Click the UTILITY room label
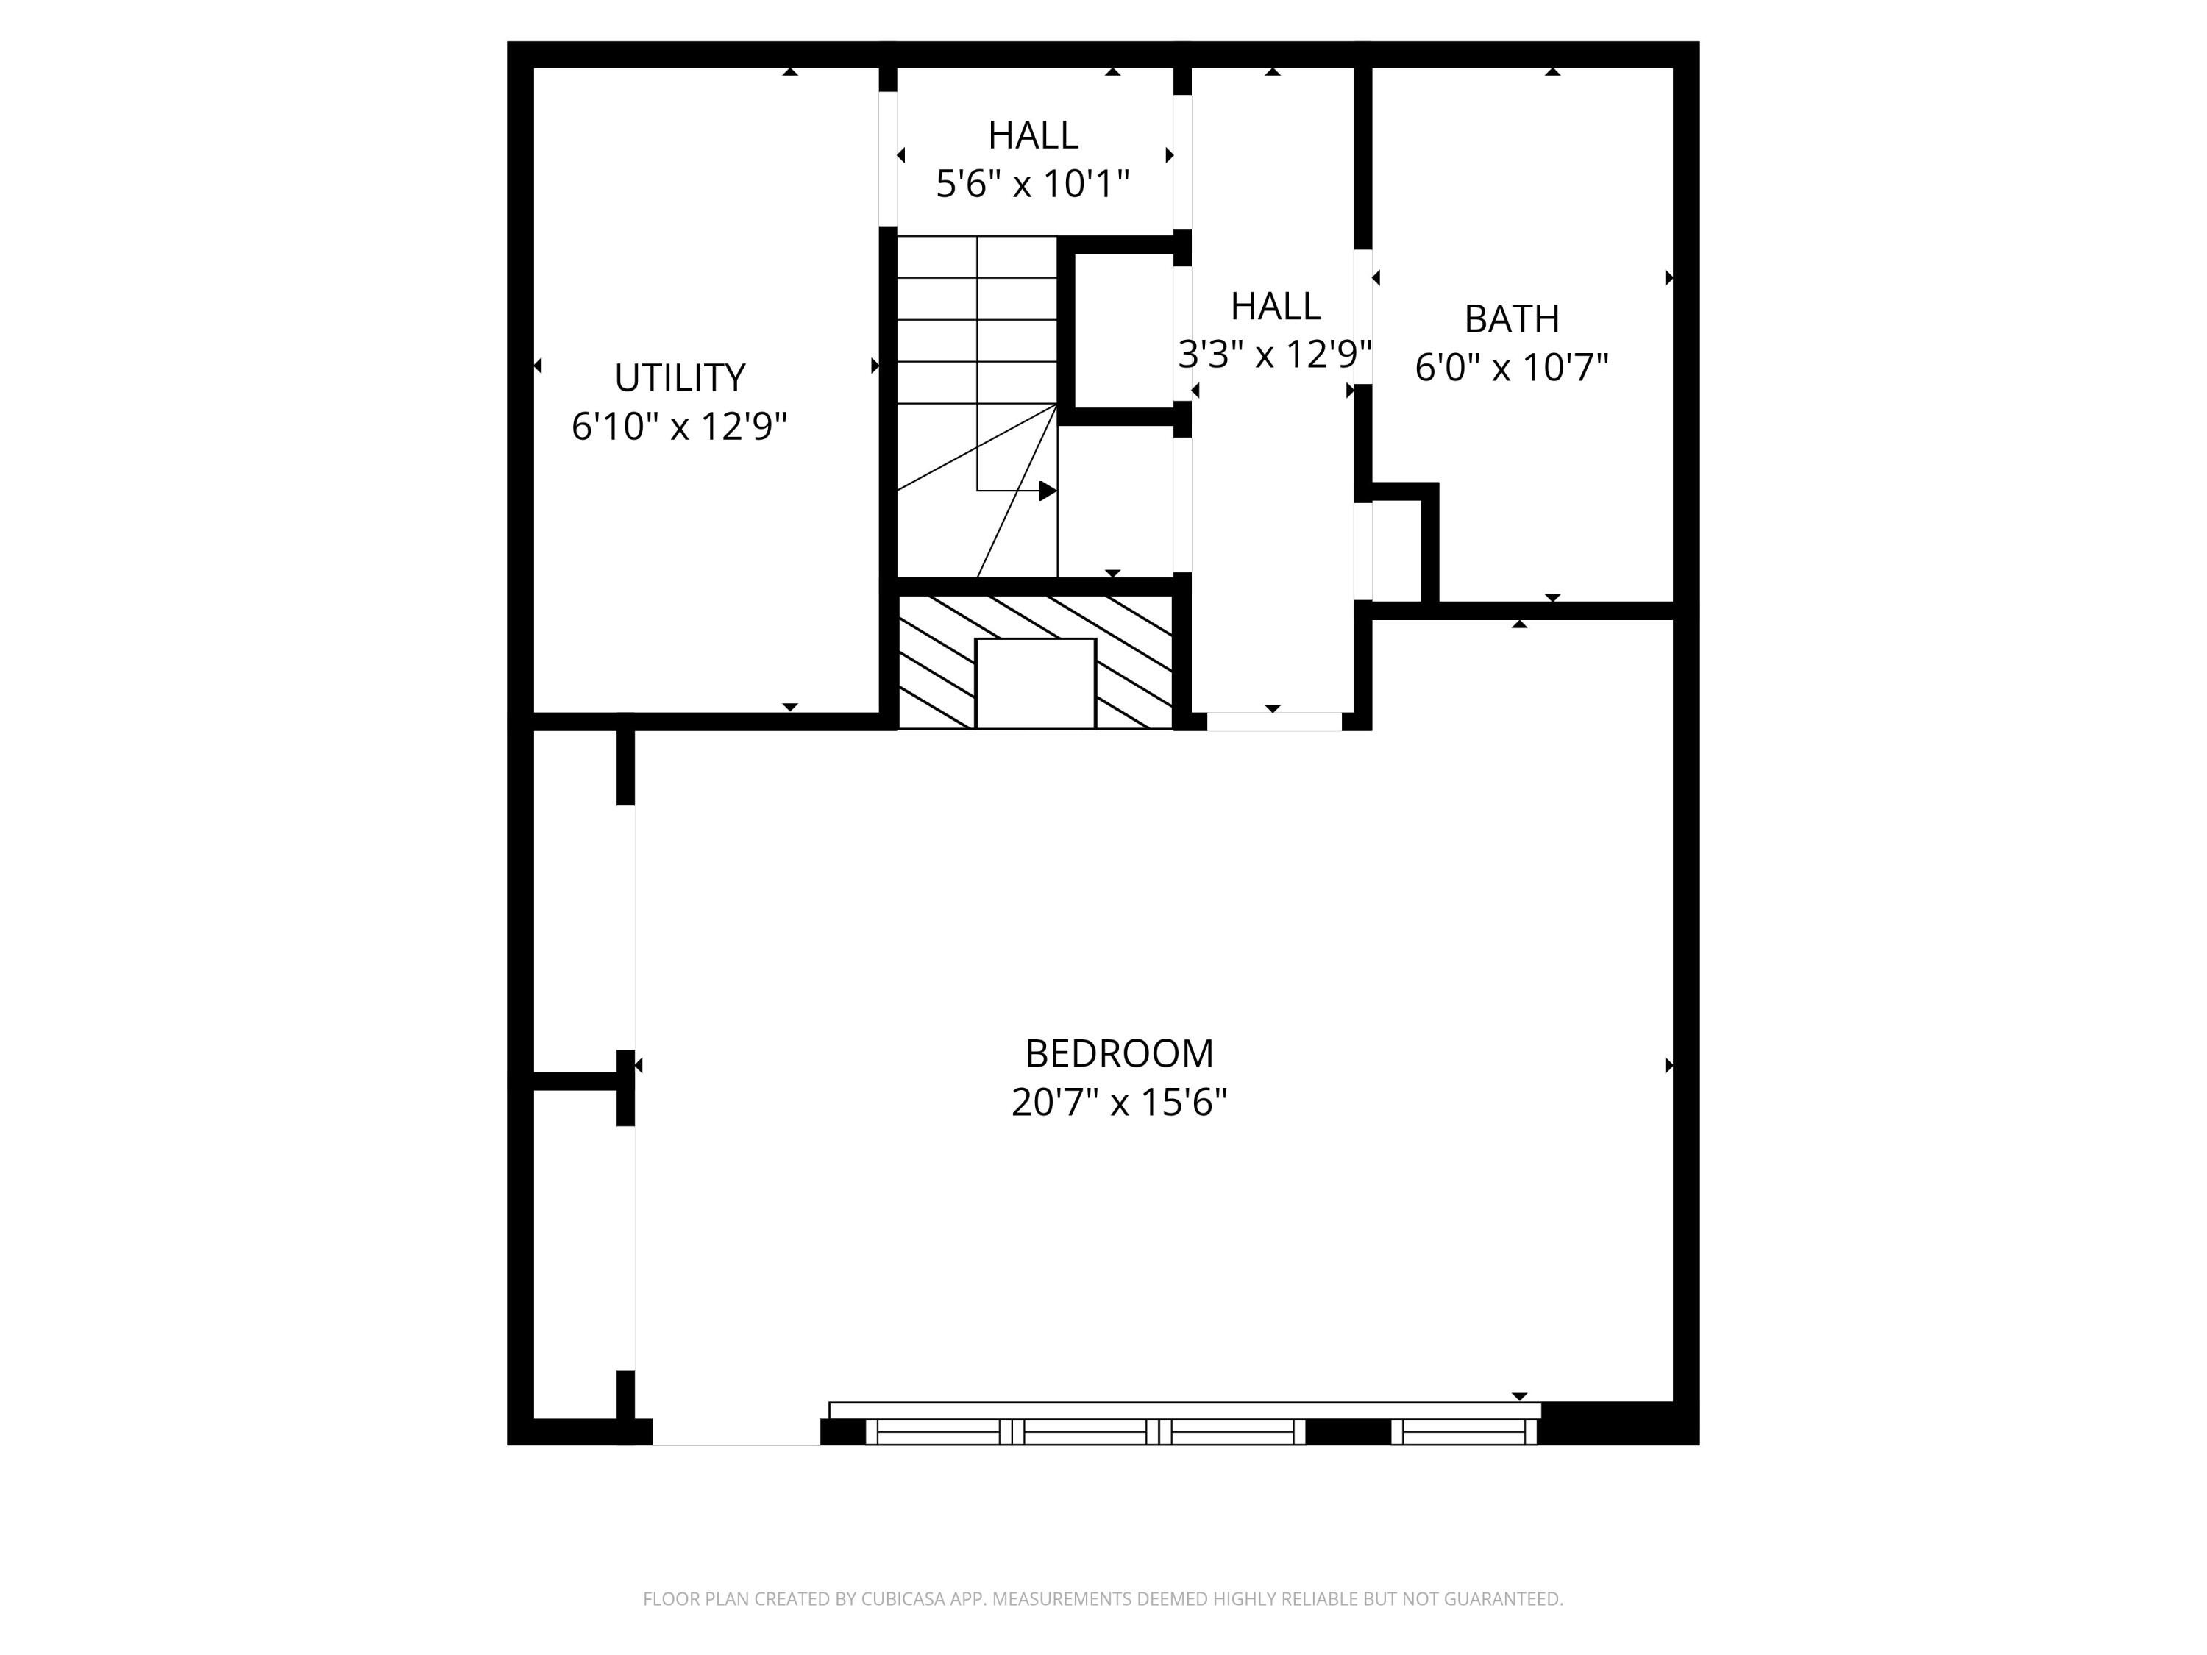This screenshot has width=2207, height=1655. (680, 378)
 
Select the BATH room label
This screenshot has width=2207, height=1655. (1510, 319)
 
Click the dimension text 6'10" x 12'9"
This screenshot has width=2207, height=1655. (680, 427)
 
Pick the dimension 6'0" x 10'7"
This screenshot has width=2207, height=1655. (1510, 368)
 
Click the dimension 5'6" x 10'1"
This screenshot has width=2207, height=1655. (1031, 185)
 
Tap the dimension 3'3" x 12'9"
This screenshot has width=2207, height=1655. (1274, 354)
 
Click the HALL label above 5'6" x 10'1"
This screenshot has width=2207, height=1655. (1031, 135)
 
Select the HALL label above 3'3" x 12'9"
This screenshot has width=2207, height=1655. (1274, 306)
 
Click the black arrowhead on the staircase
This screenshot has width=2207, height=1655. (1048, 491)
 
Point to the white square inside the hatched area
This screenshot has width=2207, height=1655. (1034, 683)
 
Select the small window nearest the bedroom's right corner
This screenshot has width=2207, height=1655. (1464, 1431)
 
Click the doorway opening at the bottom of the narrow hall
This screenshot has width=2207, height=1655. (1273, 722)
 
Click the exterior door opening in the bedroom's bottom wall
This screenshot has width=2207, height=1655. (736, 1431)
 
